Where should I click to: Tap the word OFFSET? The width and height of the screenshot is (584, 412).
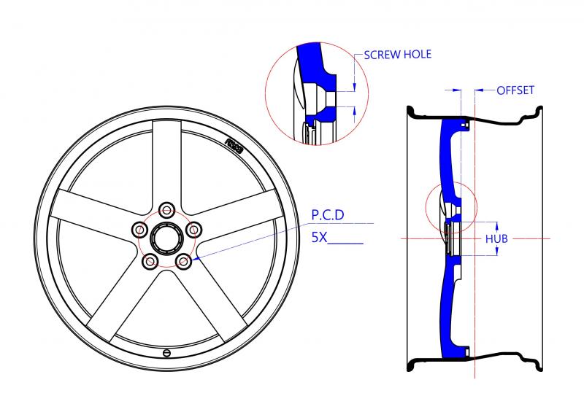tap(515, 90)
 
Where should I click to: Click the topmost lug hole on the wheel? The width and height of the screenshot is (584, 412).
tap(167, 211)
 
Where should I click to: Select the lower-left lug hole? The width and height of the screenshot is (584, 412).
tap(150, 260)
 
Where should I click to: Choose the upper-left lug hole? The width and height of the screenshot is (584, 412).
tap(139, 229)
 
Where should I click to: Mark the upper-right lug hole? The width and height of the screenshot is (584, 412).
tap(193, 229)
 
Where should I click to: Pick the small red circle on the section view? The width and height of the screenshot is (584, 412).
tap(450, 209)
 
